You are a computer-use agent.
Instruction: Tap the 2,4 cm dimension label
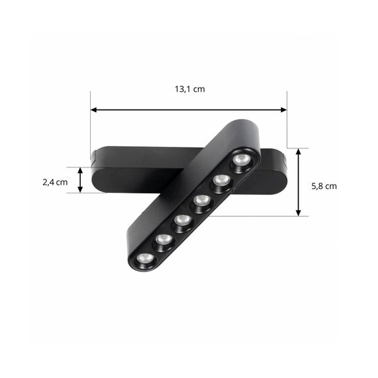tap(55, 183)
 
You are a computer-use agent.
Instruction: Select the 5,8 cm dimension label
tap(324, 186)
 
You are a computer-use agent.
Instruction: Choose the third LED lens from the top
tap(201, 201)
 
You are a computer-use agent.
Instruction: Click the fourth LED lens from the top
tap(182, 221)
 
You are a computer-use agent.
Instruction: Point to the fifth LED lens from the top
tap(163, 240)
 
